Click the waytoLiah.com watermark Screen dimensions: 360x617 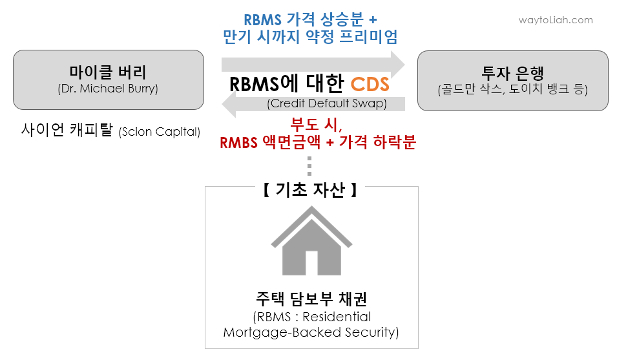click(556, 20)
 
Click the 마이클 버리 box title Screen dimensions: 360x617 click(108, 72)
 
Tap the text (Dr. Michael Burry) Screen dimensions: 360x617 click(108, 89)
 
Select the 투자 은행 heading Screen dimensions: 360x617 click(512, 72)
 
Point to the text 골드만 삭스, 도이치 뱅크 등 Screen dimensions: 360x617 click(512, 89)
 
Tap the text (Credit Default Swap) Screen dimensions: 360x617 click(326, 103)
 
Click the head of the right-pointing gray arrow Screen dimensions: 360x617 click(395, 64)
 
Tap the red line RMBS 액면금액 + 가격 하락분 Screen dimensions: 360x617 click(317, 142)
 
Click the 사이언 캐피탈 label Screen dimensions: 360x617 click(68, 131)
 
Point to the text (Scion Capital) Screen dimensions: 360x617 click(160, 132)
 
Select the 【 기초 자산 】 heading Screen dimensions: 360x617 click(310, 190)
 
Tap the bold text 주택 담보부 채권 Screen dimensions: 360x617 click(311, 299)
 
